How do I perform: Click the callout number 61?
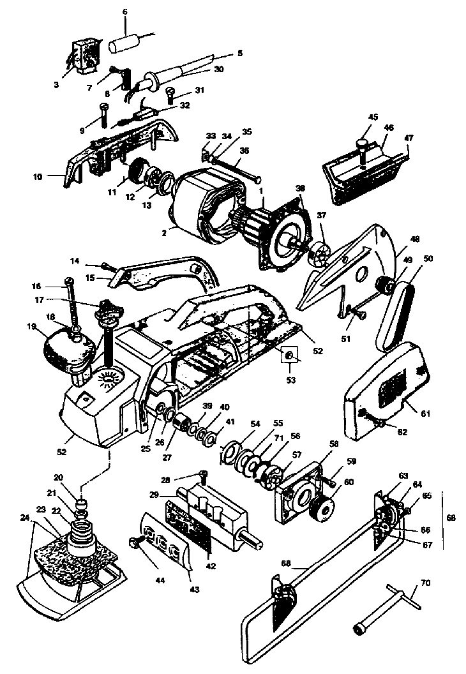[x=426, y=414]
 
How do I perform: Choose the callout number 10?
[x=37, y=178]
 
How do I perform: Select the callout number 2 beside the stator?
[x=165, y=234]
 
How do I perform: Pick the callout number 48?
[x=415, y=240]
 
